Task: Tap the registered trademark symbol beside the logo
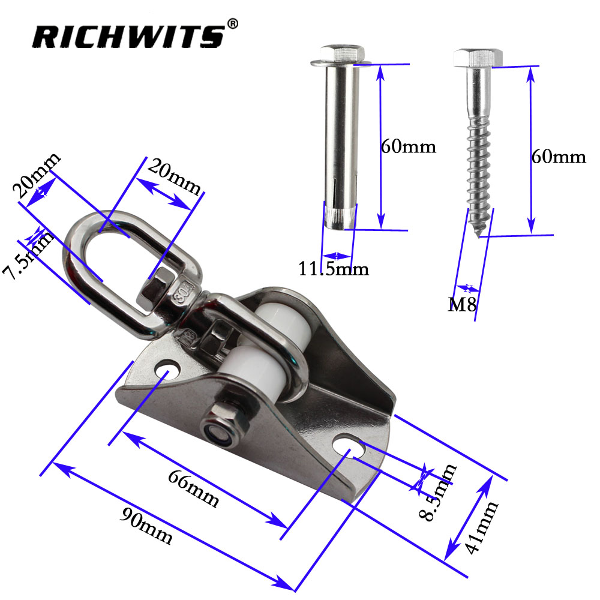point(233,24)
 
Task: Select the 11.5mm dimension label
point(333,269)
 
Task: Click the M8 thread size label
point(462,304)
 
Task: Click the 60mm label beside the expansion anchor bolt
point(408,146)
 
